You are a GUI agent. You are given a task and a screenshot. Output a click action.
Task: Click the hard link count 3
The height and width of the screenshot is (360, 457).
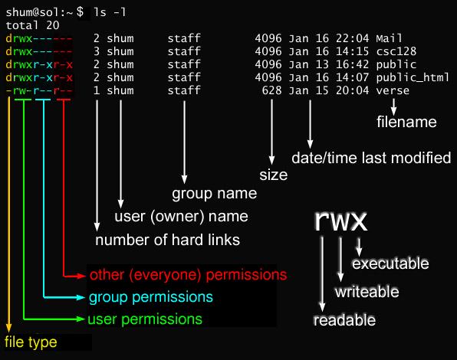(97, 51)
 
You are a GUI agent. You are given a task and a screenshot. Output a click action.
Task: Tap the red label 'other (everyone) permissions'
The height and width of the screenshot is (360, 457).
(188, 274)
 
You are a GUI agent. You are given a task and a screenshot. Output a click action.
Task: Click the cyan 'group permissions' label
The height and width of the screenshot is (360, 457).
(150, 296)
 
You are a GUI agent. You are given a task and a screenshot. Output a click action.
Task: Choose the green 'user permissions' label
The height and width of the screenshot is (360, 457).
(145, 319)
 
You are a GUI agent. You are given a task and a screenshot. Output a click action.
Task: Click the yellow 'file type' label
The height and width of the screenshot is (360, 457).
(31, 342)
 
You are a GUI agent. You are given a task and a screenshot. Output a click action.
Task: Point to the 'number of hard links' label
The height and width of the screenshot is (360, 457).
(167, 240)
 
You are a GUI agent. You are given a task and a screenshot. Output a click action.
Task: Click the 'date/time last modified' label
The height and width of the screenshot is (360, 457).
(371, 159)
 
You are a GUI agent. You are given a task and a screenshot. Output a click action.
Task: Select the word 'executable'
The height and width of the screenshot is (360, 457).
(390, 263)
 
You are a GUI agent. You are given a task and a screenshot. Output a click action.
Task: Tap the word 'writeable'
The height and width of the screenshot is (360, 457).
(366, 292)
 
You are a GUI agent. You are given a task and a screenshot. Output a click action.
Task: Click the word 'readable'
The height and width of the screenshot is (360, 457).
(344, 320)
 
